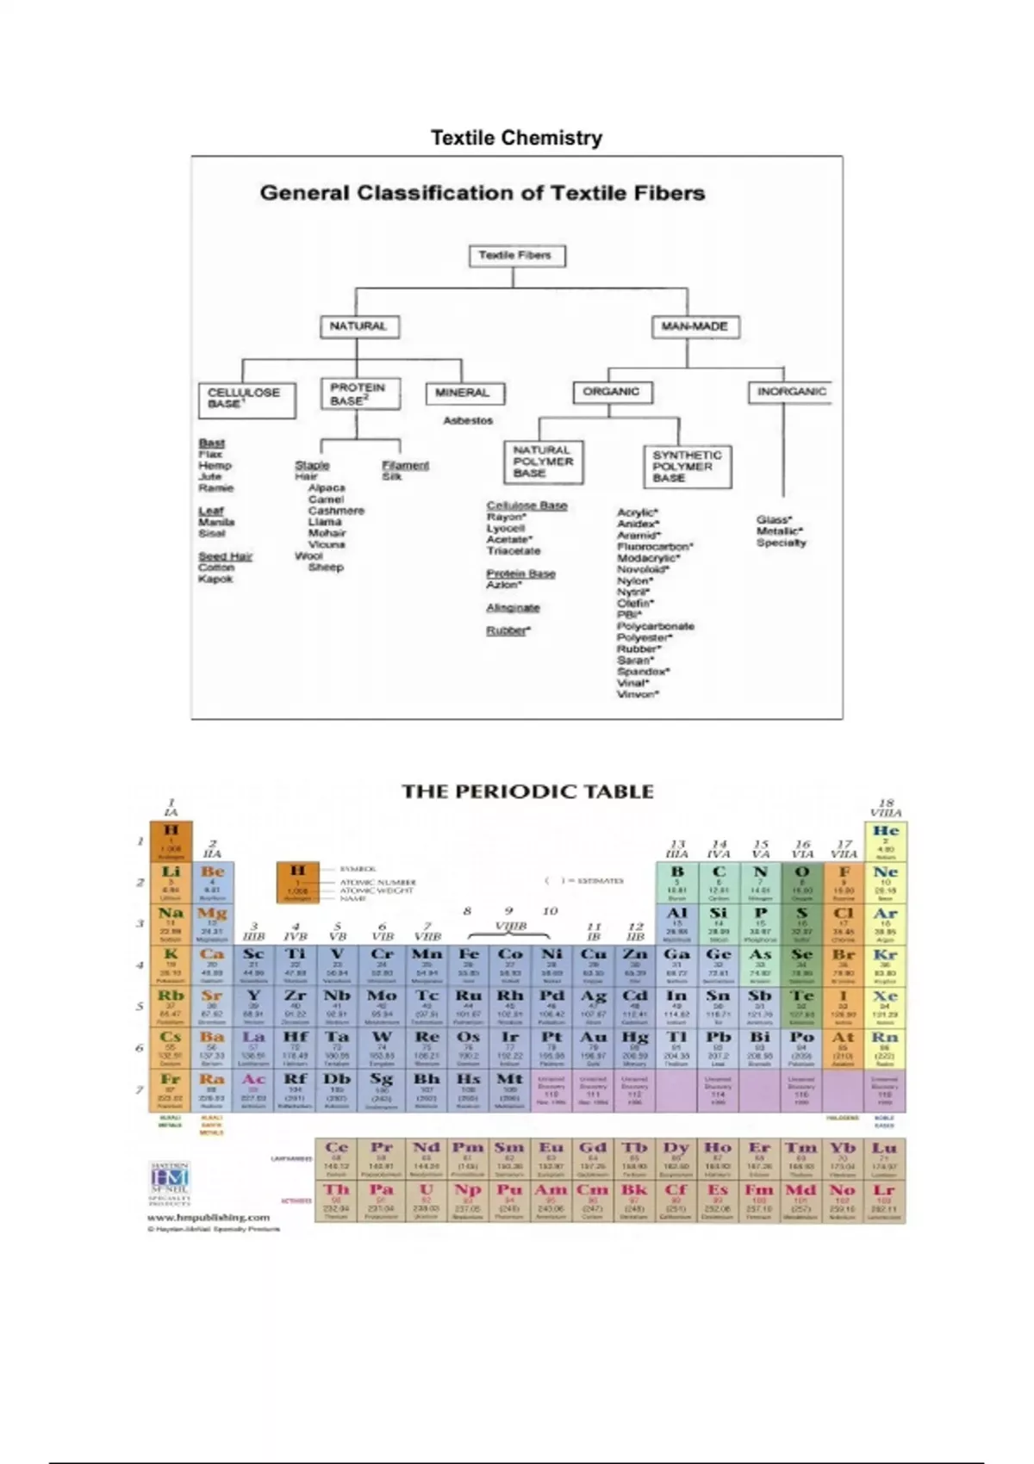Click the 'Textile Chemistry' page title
point(516,138)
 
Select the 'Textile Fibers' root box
point(515,256)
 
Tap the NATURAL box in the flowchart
point(358,326)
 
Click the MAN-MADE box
point(695,326)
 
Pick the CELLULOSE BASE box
point(246,399)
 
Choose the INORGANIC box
point(790,392)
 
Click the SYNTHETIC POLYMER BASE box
point(687,466)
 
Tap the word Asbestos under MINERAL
point(468,421)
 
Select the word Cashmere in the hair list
point(336,511)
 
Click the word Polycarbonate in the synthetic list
point(656,626)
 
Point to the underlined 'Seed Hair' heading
point(225,556)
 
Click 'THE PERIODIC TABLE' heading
point(527,791)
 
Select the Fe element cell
point(468,965)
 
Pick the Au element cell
point(593,1048)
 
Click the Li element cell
point(171,882)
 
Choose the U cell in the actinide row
point(426,1200)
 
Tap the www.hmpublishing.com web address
point(208,1218)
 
